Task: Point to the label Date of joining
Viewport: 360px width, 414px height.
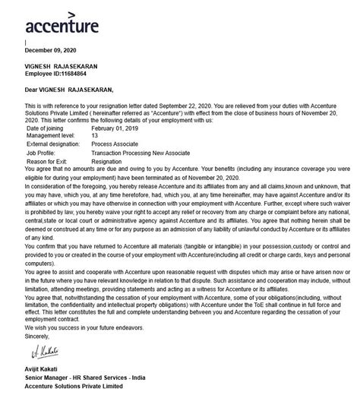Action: (x=49, y=129)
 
